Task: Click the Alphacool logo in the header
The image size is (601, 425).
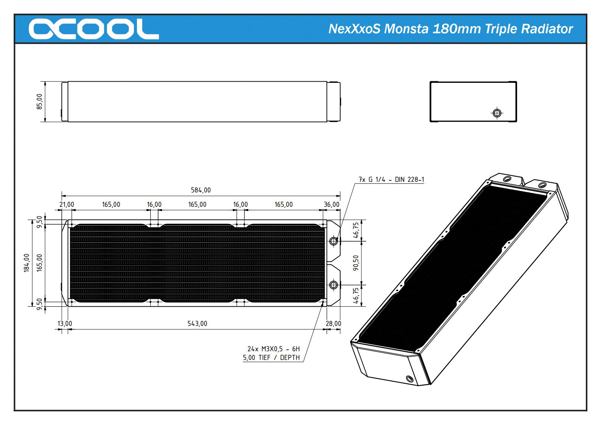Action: (93, 29)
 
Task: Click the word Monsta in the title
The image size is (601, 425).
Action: (406, 29)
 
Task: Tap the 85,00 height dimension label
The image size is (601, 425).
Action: (39, 101)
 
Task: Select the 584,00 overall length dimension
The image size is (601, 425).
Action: (201, 190)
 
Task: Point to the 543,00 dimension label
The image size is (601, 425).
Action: (197, 323)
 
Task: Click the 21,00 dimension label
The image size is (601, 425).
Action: (67, 204)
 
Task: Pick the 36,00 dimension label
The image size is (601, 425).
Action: (332, 204)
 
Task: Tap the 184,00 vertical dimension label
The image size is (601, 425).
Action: (26, 262)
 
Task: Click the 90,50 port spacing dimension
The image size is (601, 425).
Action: (356, 263)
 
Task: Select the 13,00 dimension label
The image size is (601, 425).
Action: (65, 323)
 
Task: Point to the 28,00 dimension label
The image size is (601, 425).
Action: (333, 323)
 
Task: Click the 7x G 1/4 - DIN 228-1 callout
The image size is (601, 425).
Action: (391, 179)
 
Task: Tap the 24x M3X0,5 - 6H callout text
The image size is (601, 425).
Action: (273, 349)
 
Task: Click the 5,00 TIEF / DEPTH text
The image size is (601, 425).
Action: (271, 357)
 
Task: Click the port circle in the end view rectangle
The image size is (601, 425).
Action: (497, 113)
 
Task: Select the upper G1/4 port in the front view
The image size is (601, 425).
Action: (333, 241)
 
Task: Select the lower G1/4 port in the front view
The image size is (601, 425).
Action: (333, 285)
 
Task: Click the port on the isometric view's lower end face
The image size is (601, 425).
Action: (409, 378)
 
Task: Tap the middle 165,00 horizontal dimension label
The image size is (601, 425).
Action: (197, 204)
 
